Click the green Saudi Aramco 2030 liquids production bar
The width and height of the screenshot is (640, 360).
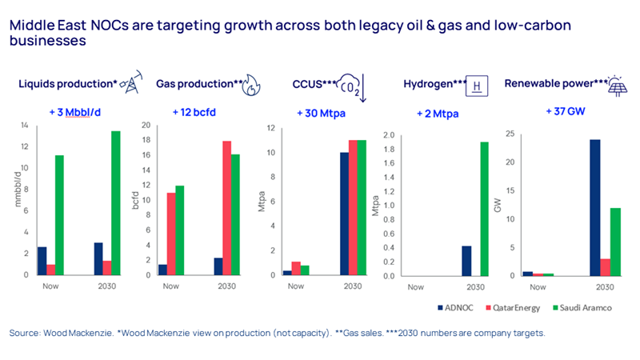pyautogui.click(x=116, y=202)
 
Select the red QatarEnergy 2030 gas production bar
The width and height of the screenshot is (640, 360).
pyautogui.click(x=226, y=207)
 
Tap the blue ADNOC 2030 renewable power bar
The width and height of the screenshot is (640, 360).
pyautogui.click(x=594, y=207)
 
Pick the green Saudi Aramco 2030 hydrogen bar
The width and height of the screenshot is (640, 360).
pyautogui.click(x=485, y=209)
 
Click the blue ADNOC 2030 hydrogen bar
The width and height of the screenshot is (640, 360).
pyautogui.click(x=466, y=260)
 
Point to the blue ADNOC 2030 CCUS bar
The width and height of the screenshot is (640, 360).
pyautogui.click(x=344, y=214)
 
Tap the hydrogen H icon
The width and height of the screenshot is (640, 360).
pyautogui.click(x=478, y=84)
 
